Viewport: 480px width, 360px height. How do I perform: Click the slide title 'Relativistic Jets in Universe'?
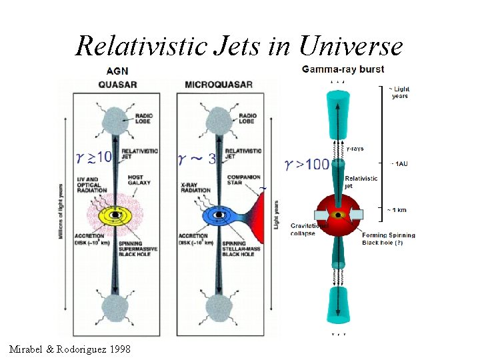tap(239, 46)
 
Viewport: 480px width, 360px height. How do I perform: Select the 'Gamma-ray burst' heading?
tap(343, 69)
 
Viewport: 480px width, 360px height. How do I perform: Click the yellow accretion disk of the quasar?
tap(117, 215)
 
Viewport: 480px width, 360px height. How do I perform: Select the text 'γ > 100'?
tap(307, 163)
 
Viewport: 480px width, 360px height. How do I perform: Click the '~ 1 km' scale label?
tap(398, 209)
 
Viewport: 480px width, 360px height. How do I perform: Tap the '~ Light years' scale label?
tap(399, 93)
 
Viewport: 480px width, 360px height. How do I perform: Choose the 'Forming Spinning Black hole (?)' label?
tap(389, 239)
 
